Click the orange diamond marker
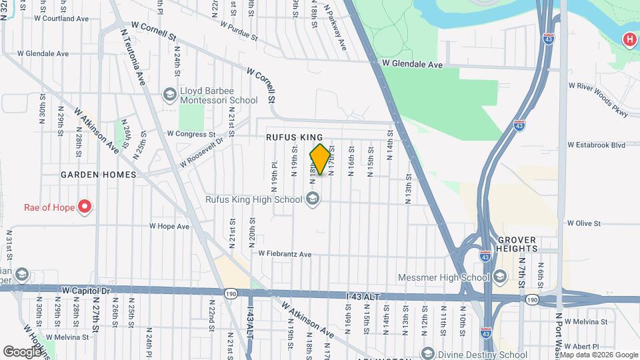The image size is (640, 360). tap(321, 159)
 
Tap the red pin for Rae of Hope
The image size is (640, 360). tap(85, 207)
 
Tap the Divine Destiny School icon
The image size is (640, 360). tap(427, 353)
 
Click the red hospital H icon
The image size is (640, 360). tap(629, 40)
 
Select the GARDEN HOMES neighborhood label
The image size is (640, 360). tap(98, 175)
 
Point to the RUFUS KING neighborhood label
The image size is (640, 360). tap(294, 137)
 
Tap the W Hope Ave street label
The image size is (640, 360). tap(169, 226)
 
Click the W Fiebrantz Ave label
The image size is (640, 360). tap(285, 254)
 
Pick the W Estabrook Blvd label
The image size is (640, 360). tap(596, 144)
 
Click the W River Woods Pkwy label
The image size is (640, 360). tap(599, 99)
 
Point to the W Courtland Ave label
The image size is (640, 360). tap(61, 19)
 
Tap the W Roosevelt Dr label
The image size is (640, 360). tap(200, 153)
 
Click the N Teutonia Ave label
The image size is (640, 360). tap(133, 57)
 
